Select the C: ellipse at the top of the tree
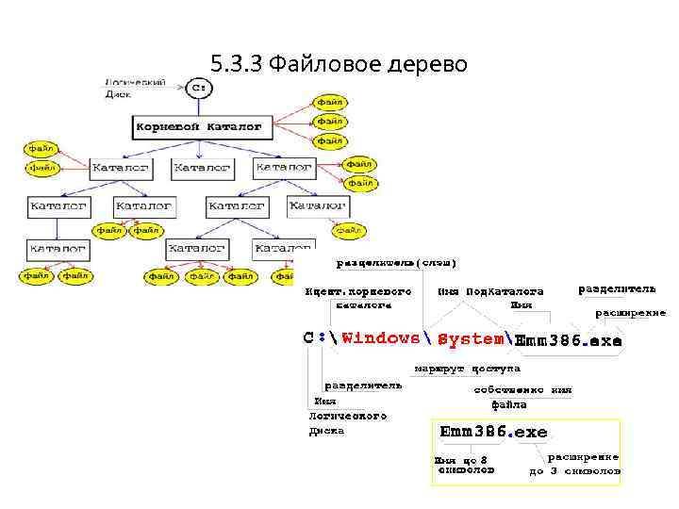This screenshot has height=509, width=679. (199, 88)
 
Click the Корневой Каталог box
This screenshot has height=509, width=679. (199, 125)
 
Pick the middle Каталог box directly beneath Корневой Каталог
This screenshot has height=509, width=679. (202, 167)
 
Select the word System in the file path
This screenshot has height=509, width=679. (470, 338)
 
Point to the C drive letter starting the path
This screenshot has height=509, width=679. (309, 337)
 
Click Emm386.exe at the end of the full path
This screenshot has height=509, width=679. (568, 340)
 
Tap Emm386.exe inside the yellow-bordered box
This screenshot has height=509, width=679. (493, 432)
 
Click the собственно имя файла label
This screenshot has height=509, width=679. (522, 397)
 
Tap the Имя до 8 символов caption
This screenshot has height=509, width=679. (463, 465)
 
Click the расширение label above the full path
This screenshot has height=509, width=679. (629, 312)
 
